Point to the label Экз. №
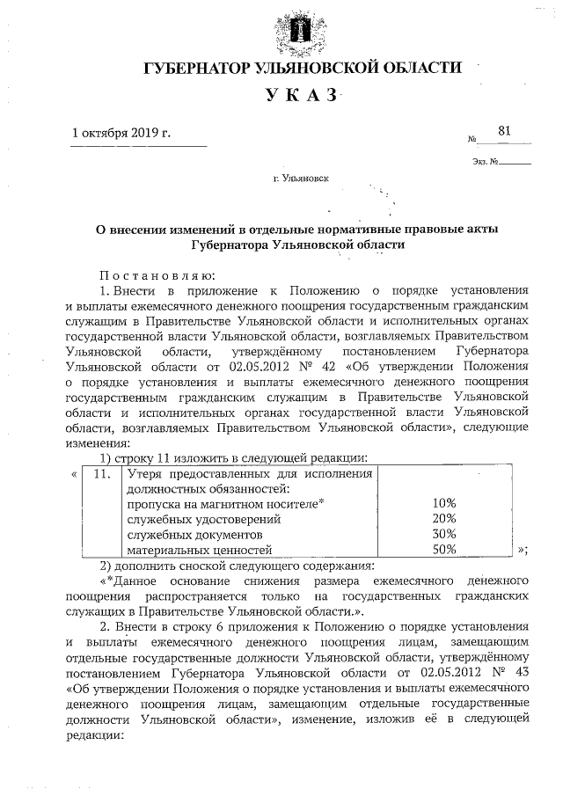(x=485, y=162)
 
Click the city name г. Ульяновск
(x=302, y=178)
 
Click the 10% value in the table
(x=444, y=502)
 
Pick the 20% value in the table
(x=444, y=518)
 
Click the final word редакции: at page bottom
(x=97, y=735)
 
